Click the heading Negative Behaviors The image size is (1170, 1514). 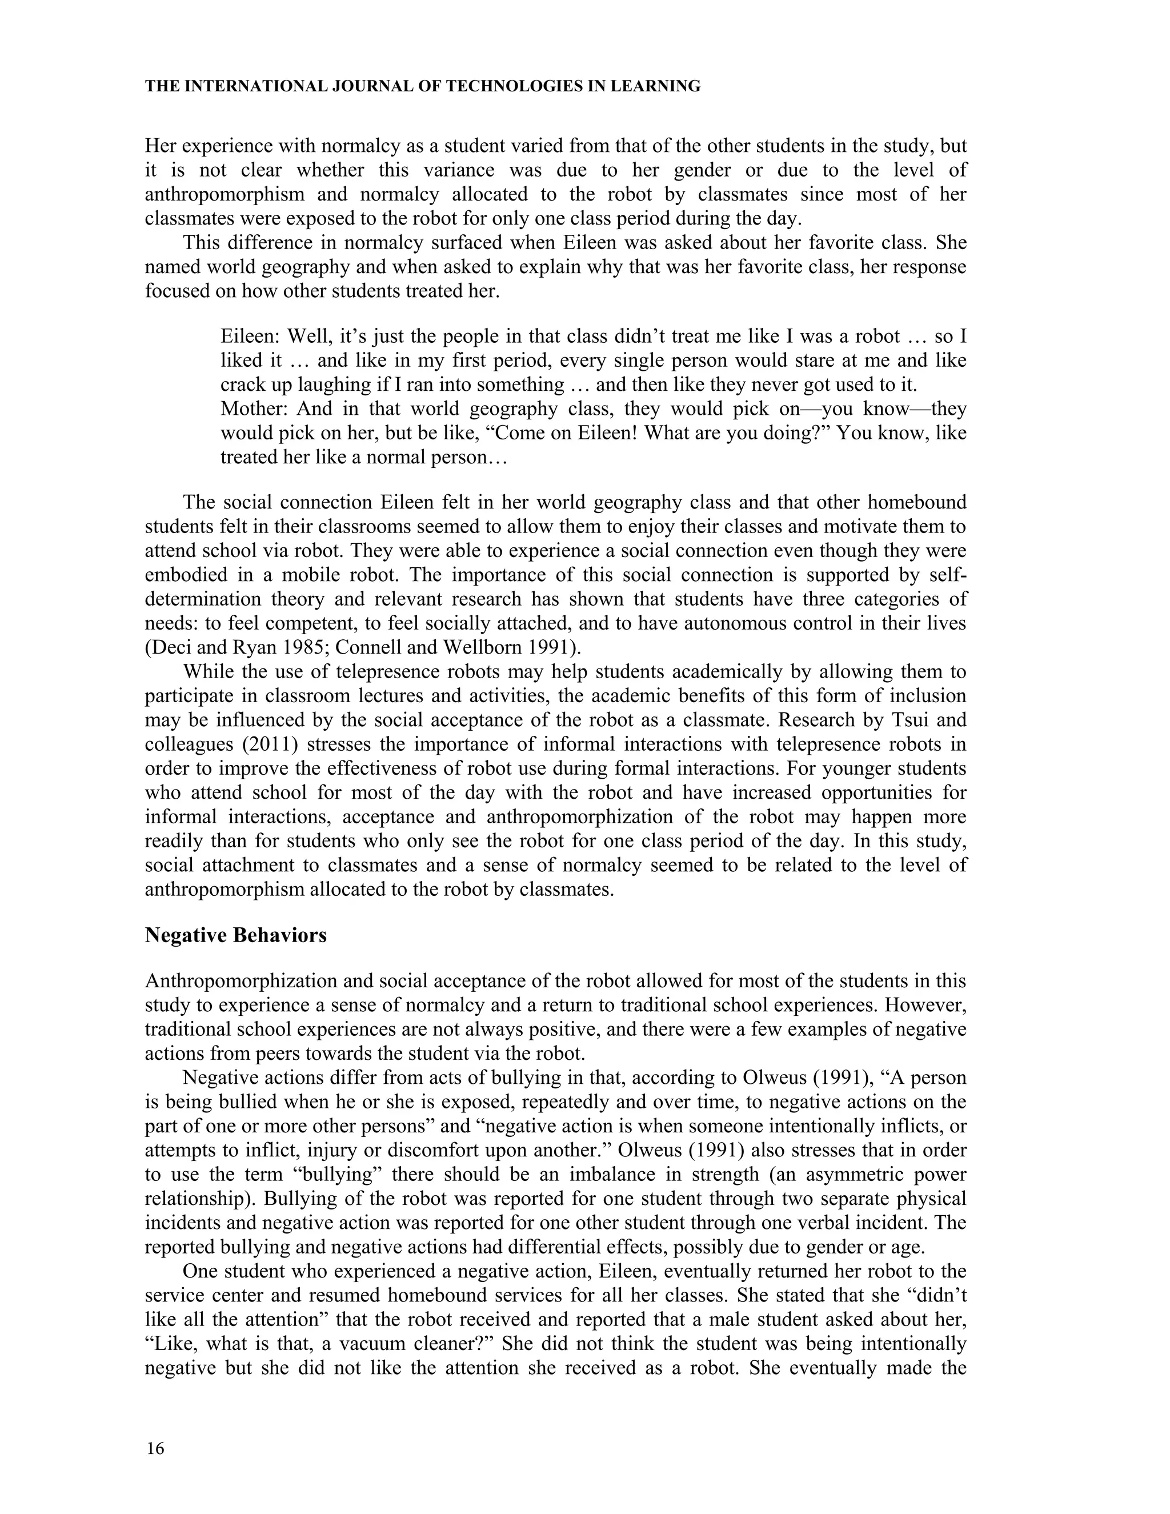tap(236, 935)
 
